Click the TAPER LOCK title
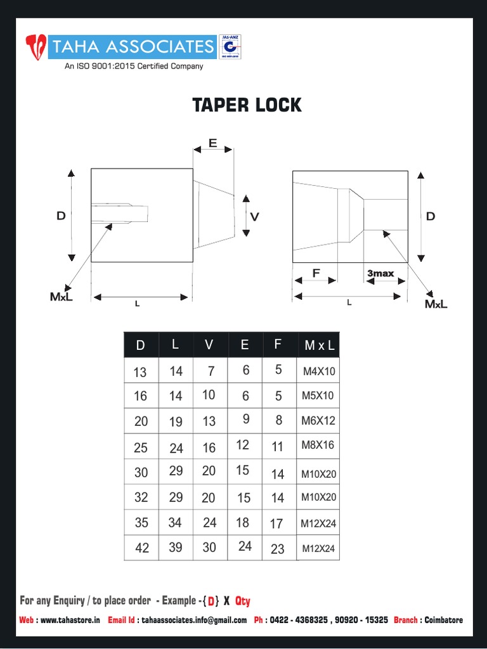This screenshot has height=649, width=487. tap(247, 105)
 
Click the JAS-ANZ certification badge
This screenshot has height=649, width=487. tap(230, 48)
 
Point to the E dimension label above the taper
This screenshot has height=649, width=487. tap(212, 143)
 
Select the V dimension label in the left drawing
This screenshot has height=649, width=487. tap(254, 217)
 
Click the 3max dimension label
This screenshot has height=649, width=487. tap(380, 274)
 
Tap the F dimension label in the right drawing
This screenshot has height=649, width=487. tap(316, 274)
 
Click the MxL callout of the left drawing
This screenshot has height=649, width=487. tap(62, 297)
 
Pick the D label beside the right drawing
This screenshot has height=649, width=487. tap(431, 217)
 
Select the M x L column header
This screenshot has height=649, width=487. tap(319, 346)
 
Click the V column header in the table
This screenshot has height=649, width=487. tap(209, 345)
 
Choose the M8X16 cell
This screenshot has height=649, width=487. tap(318, 445)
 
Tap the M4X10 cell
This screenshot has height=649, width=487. tap(318, 371)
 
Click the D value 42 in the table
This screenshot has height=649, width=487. tap(142, 548)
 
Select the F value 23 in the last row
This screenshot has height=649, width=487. tap(278, 549)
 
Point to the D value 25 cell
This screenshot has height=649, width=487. tap(141, 448)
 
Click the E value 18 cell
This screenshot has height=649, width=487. tap(242, 522)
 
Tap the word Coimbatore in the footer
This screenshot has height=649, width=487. tap(443, 620)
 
